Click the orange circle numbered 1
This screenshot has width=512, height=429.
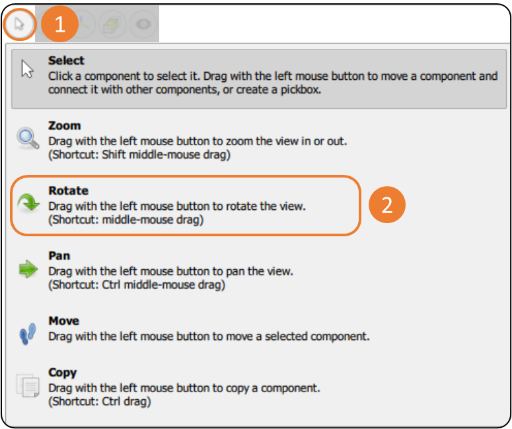pos(59,24)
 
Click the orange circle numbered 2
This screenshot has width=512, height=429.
pos(387,205)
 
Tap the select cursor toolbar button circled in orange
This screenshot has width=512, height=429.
pos(20,24)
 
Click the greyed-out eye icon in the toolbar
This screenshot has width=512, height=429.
pos(143,24)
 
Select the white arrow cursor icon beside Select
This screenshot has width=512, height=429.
pos(28,69)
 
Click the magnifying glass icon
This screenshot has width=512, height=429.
pos(28,139)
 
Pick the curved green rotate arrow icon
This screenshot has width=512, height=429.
pos(28,203)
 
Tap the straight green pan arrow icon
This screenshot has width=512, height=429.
pos(28,269)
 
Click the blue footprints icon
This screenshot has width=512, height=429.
pos(28,333)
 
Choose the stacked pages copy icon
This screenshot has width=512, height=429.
pos(28,385)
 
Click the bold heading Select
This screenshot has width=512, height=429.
pos(66,60)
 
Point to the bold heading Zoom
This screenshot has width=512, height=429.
pos(65,125)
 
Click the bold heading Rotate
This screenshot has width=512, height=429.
pos(69,191)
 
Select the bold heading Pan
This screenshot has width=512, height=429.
pos(59,255)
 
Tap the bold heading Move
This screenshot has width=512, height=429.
pos(64,321)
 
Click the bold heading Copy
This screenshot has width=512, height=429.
pos(63,372)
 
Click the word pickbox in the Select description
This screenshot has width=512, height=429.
pos(301,89)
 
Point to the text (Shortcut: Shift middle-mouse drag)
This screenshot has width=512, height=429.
pos(140,154)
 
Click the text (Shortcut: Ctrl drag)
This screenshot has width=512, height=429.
pos(100,401)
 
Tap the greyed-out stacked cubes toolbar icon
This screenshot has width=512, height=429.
pos(112,24)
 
